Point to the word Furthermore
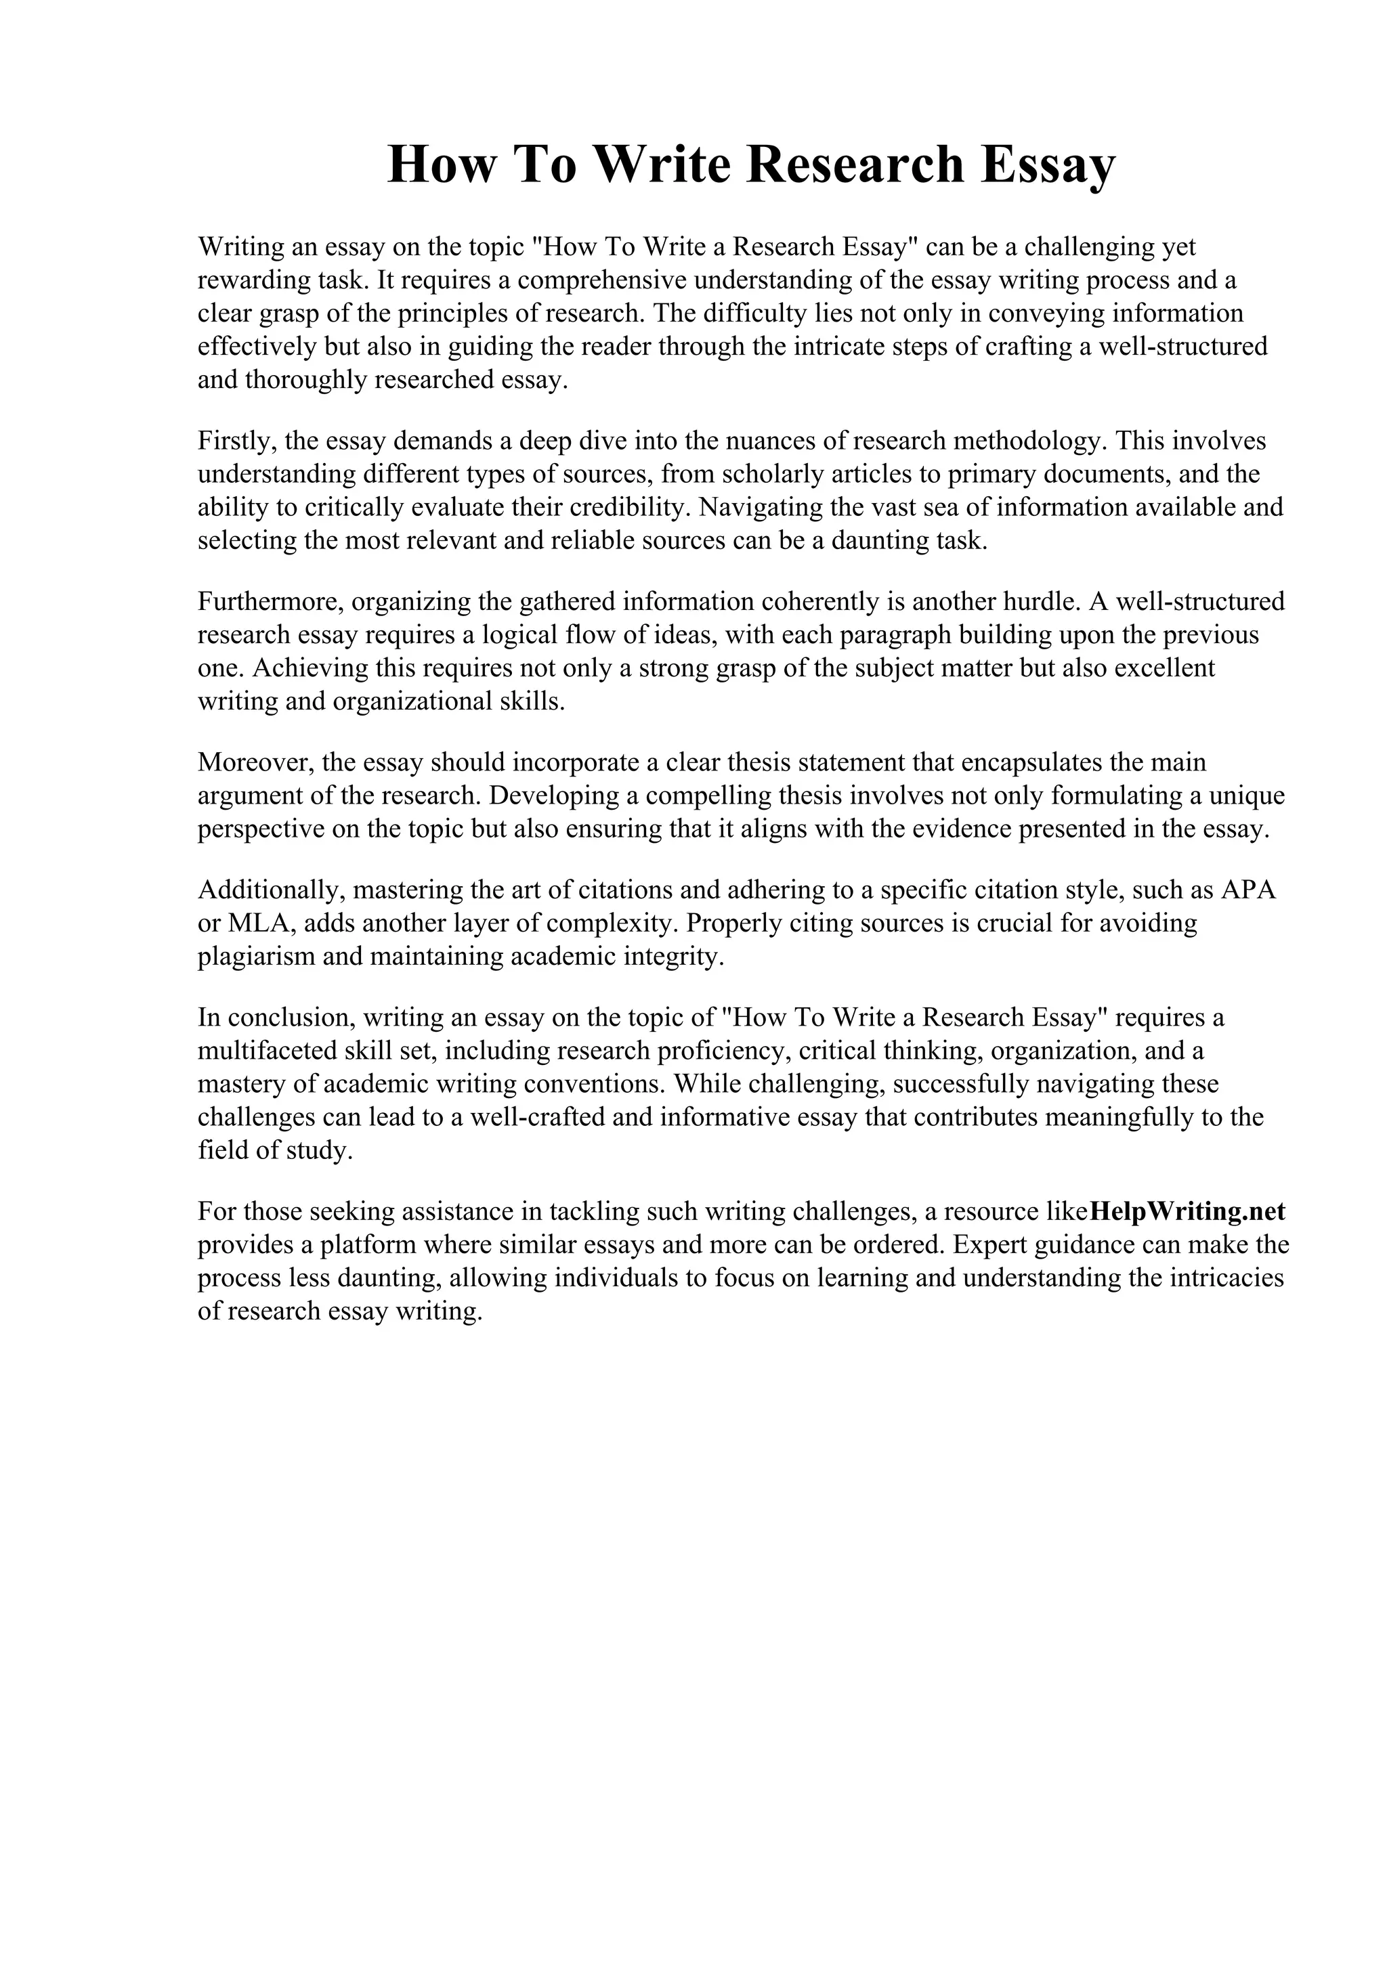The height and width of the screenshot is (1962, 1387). [x=270, y=602]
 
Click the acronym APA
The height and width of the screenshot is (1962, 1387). [x=1249, y=890]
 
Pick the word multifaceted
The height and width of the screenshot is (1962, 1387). [x=272, y=1050]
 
